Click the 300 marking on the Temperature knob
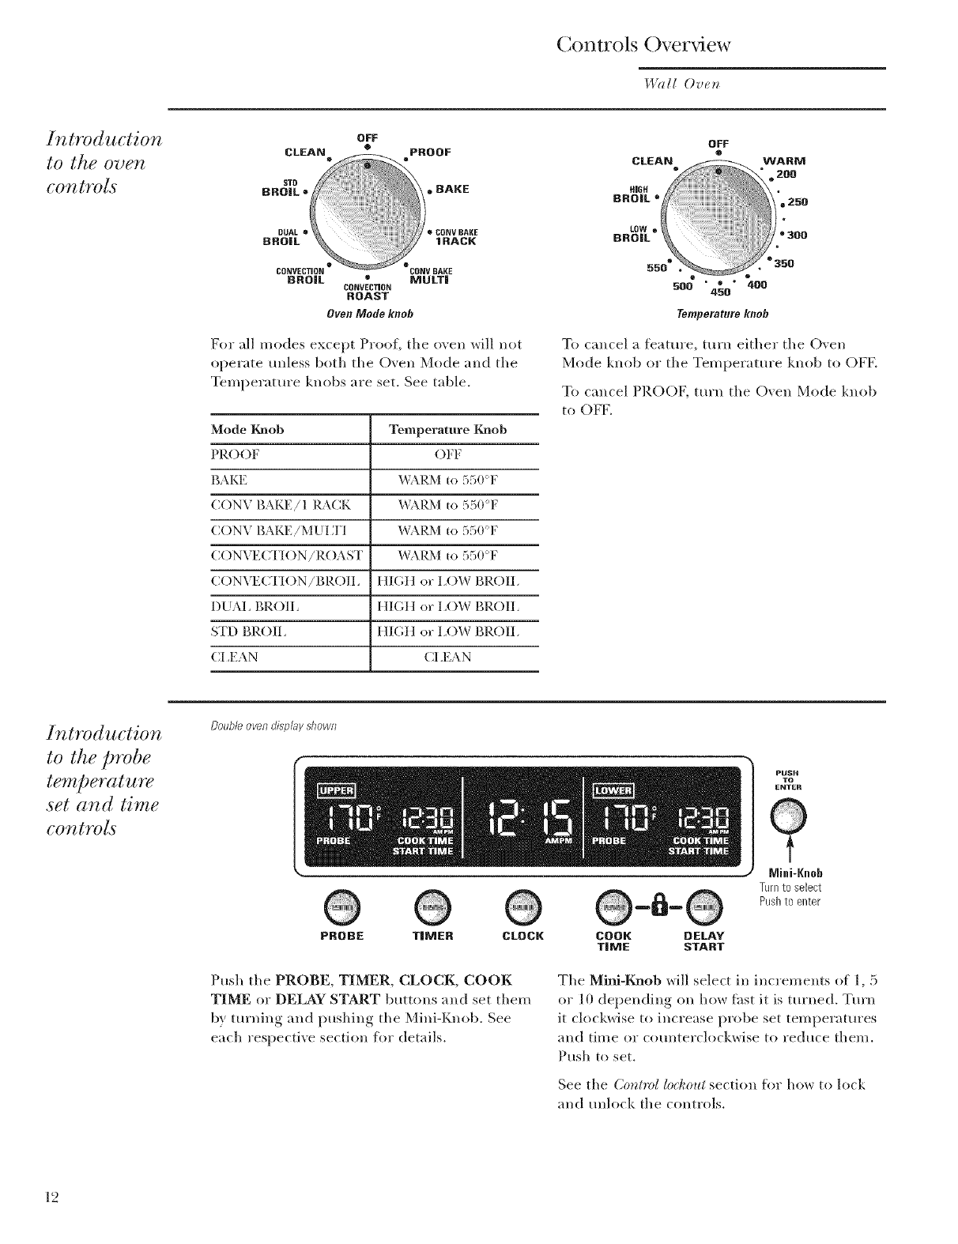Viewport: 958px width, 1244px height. (794, 235)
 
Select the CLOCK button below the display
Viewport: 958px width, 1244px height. (523, 904)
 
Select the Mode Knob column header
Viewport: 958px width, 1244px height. (247, 429)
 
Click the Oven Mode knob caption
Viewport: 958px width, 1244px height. (371, 314)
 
